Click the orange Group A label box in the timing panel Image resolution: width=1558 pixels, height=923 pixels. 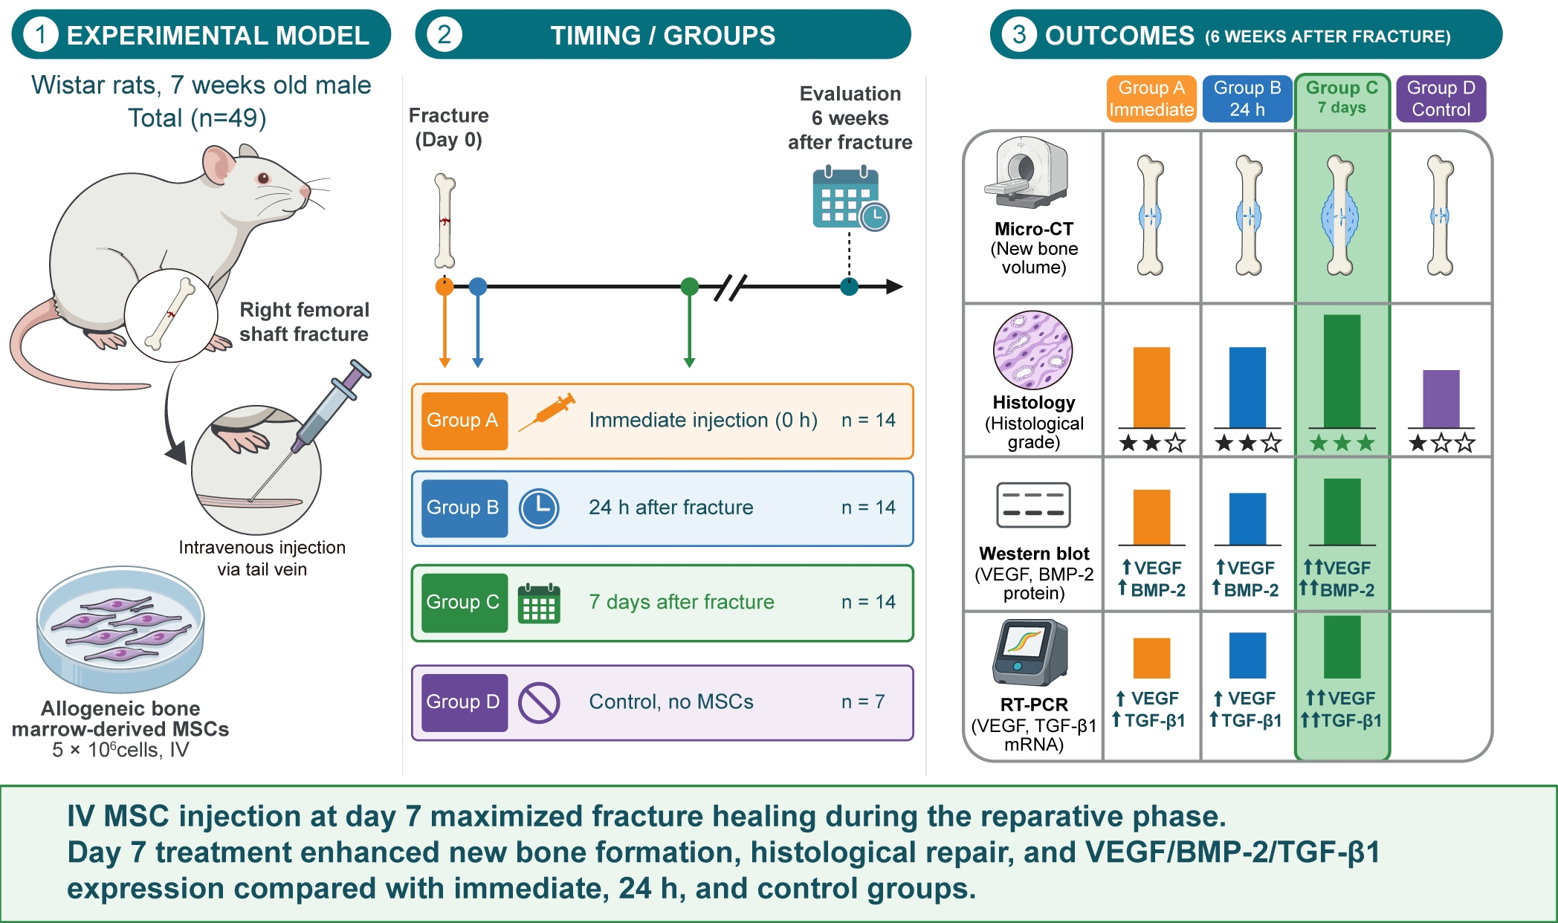(x=465, y=421)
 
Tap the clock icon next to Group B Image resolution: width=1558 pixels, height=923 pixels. (x=539, y=508)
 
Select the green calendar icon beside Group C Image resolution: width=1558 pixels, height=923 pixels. (x=539, y=603)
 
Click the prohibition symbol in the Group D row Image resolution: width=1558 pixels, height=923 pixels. (x=539, y=702)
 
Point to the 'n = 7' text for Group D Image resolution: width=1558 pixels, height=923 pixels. (x=863, y=702)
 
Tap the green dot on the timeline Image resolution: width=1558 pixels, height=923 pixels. (x=690, y=286)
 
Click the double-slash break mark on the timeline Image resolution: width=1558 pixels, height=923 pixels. (x=730, y=287)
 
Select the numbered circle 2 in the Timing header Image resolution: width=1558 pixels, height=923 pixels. (x=444, y=34)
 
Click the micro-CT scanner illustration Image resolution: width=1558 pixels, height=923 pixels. (x=1027, y=173)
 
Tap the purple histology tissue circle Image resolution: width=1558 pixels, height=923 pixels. (x=1033, y=350)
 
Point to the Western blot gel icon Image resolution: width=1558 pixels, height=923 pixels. (x=1033, y=505)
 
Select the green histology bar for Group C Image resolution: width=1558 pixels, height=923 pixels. (x=1342, y=372)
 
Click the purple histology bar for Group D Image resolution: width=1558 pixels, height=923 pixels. (x=1441, y=399)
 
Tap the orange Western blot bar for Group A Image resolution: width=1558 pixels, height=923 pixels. (x=1151, y=517)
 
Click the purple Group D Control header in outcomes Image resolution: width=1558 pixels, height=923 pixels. (x=1441, y=98)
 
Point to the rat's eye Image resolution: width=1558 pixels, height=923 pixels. (x=263, y=178)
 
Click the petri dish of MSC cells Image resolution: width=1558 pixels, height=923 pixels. (x=120, y=629)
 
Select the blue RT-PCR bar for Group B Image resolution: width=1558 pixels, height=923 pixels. (x=1248, y=655)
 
